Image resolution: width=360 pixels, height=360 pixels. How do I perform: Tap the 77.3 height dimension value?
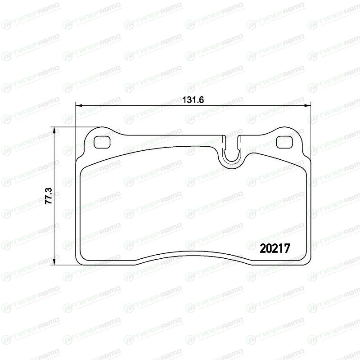pos(49,196)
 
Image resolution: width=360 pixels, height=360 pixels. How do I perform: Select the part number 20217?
pos(275,248)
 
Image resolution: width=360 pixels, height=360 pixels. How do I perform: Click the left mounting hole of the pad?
pos(102,142)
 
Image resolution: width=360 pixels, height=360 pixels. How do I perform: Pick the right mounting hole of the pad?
pos(284,142)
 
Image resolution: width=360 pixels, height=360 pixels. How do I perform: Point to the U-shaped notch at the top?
pos(232,158)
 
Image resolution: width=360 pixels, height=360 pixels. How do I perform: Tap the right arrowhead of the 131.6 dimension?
pos(307,106)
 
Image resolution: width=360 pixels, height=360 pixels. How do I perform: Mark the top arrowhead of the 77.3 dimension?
pos(54,130)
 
